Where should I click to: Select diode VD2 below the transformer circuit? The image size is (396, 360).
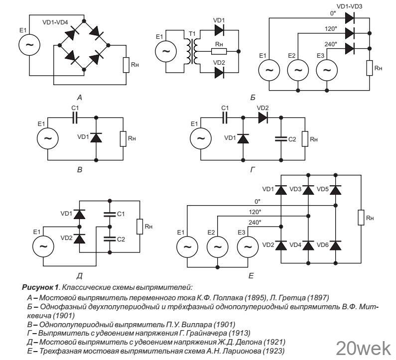tap(220, 73)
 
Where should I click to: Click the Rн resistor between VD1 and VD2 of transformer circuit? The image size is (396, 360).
tap(219, 51)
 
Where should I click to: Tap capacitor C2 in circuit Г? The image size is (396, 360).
tap(281, 139)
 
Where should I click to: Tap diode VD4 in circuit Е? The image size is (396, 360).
tap(308, 245)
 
